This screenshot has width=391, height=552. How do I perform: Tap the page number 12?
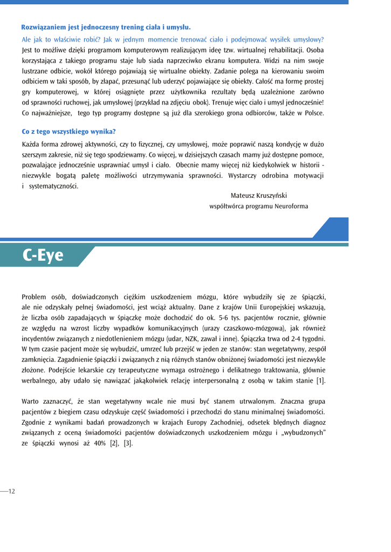(x=11, y=491)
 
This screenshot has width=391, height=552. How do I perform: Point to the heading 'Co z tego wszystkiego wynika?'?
(x=68, y=131)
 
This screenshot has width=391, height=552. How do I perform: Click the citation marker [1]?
(x=320, y=381)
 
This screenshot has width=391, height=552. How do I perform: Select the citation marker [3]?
(x=128, y=443)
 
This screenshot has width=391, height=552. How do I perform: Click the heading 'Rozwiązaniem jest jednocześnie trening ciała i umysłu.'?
(x=106, y=26)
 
